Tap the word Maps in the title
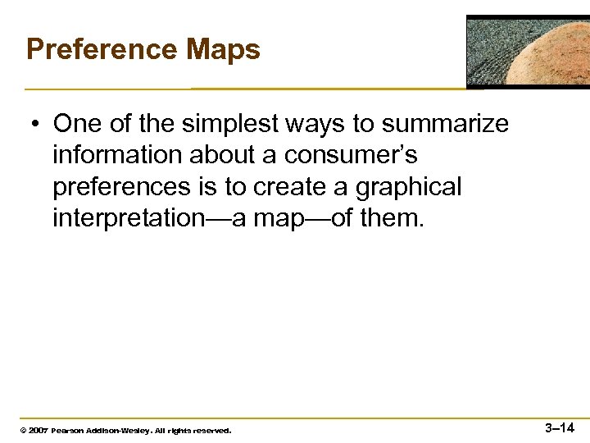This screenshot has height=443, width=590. pyautogui.click(x=223, y=49)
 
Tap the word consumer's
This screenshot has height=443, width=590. pyautogui.click(x=351, y=156)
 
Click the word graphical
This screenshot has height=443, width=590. pyautogui.click(x=408, y=187)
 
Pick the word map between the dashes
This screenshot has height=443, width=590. pyautogui.click(x=283, y=219)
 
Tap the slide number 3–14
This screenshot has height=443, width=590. pyautogui.click(x=560, y=427)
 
